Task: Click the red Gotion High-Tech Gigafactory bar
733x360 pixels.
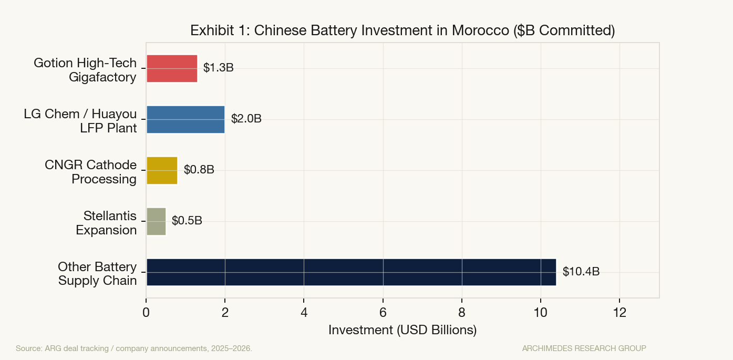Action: pyautogui.click(x=172, y=68)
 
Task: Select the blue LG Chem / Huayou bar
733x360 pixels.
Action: pyautogui.click(x=185, y=119)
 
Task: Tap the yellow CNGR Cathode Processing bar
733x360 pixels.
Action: pyautogui.click(x=162, y=170)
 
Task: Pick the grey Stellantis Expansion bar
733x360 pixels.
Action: pyautogui.click(x=156, y=221)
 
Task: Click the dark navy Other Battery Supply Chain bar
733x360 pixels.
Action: pyautogui.click(x=351, y=272)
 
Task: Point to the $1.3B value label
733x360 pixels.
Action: pyautogui.click(x=218, y=68)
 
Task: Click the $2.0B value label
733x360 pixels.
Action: pyautogui.click(x=246, y=119)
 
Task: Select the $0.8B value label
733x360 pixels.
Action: pyautogui.click(x=199, y=170)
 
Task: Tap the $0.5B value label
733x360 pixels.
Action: pyautogui.click(x=187, y=221)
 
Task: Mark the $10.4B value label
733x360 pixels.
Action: pyautogui.click(x=581, y=272)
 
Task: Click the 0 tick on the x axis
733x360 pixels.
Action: pyautogui.click(x=146, y=312)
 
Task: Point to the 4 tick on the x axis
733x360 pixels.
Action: pyautogui.click(x=304, y=312)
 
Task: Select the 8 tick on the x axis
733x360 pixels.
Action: pyautogui.click(x=462, y=312)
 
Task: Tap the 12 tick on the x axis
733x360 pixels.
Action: pyautogui.click(x=620, y=312)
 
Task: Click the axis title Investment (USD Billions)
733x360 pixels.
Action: pyautogui.click(x=402, y=330)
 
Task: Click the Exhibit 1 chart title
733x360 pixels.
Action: pyautogui.click(x=402, y=30)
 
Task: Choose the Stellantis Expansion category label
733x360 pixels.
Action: pyautogui.click(x=106, y=223)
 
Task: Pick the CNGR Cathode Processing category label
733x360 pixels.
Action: pyautogui.click(x=90, y=172)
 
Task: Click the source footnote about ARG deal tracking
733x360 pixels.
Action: pyautogui.click(x=134, y=348)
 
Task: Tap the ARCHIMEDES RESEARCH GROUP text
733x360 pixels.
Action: pyautogui.click(x=584, y=348)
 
